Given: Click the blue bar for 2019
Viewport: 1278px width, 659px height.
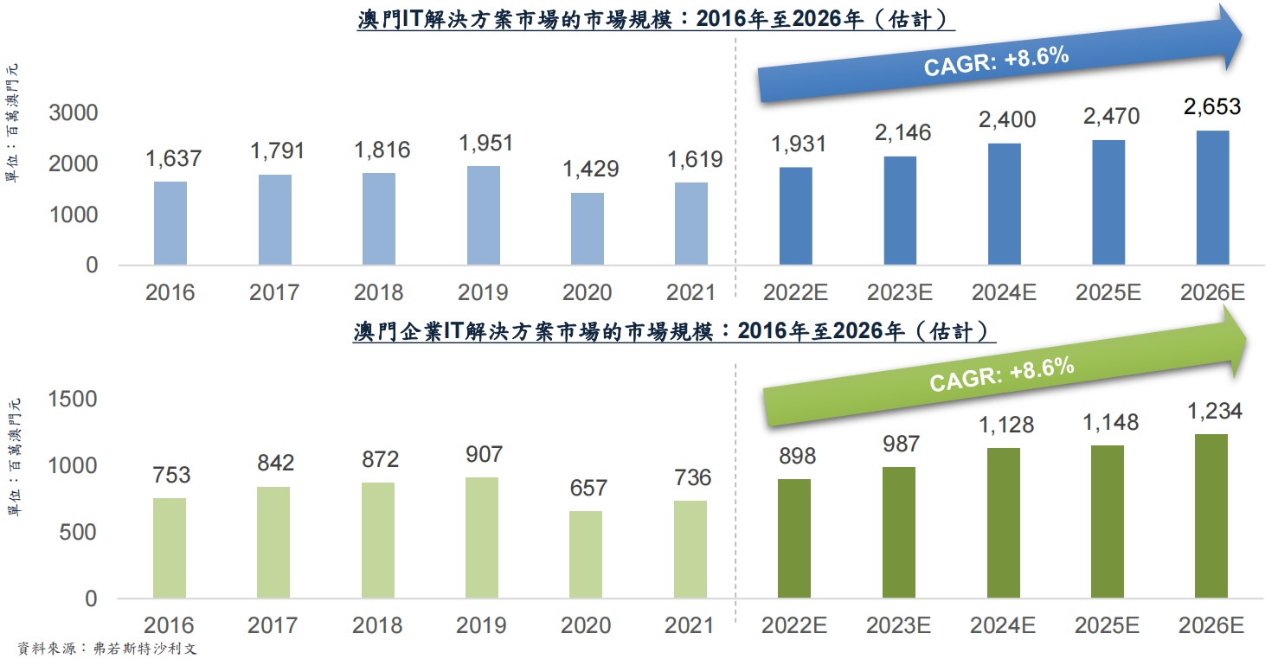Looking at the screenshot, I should coord(484,214).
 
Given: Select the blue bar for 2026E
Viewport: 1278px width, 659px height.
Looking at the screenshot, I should coord(1212,197).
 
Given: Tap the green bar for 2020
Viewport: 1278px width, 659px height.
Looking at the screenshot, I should coord(587,554).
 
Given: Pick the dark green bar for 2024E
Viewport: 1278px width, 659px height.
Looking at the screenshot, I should coord(1004,522).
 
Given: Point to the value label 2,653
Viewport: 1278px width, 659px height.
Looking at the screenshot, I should coord(1212,107).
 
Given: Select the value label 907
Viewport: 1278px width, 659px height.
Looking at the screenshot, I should coord(483,454).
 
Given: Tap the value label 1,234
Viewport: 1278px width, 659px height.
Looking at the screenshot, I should coord(1212,411).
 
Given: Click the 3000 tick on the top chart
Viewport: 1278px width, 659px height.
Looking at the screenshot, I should coord(74,112).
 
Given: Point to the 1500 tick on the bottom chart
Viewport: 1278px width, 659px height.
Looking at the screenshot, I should coord(74,400).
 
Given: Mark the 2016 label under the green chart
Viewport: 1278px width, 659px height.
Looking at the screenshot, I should coord(170,625).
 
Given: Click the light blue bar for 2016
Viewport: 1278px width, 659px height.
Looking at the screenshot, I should coord(170,222).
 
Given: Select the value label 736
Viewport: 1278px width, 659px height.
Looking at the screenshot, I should coord(691,477).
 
